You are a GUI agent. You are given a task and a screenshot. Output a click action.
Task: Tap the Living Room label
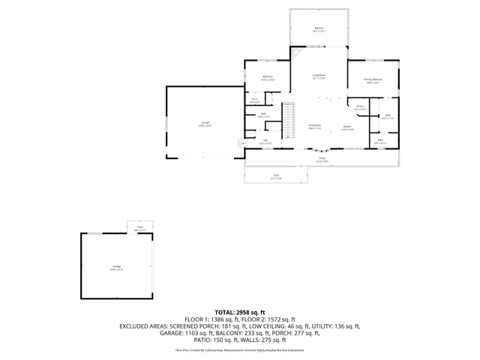(319, 76)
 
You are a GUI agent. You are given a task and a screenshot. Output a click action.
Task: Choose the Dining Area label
(315, 127)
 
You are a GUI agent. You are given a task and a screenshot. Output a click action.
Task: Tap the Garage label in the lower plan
(117, 268)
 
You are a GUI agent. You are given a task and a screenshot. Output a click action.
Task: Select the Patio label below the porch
(276, 176)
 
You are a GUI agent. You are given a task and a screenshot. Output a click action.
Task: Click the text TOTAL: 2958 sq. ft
(240, 312)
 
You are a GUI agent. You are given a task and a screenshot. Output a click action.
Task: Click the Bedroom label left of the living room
(268, 77)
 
